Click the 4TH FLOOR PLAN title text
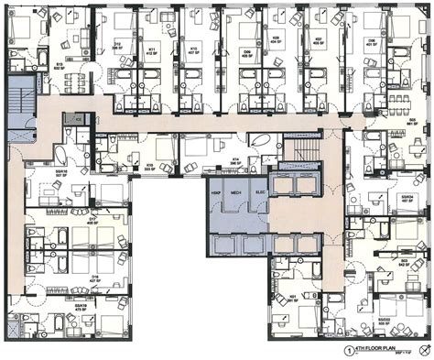tap(377, 350)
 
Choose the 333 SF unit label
tap(147, 169)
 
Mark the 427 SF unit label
tap(93, 278)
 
